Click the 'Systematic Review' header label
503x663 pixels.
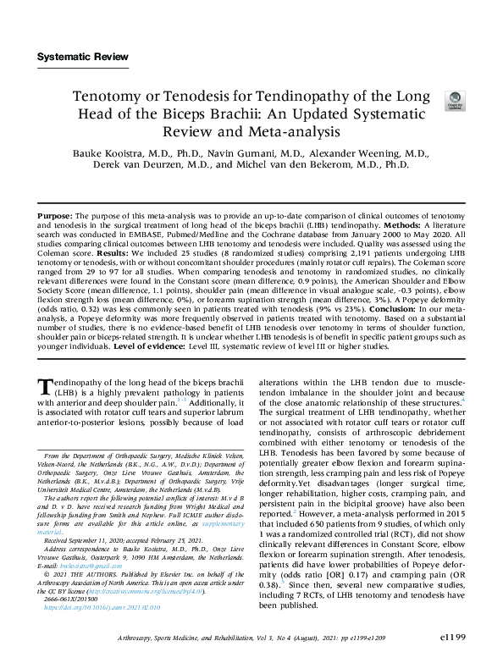(x=83, y=58)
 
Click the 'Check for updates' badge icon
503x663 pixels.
(x=455, y=101)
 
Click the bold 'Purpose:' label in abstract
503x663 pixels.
(x=55, y=218)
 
